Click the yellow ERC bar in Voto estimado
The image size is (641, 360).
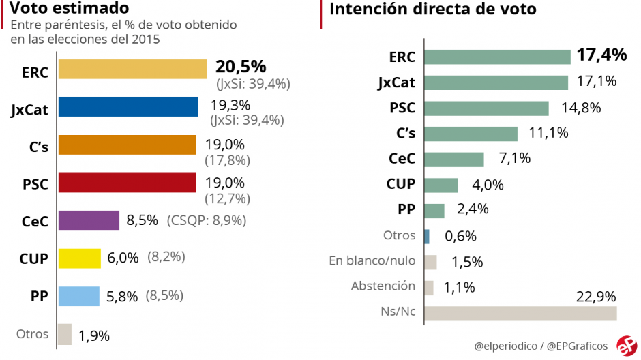click(132, 70)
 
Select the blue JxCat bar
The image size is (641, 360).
click(128, 108)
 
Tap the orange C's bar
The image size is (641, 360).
click(127, 145)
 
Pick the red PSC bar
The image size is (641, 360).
click(127, 183)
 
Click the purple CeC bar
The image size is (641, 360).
click(89, 221)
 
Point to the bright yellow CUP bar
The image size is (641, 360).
click(80, 258)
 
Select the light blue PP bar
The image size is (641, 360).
click(78, 296)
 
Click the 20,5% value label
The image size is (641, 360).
click(241, 66)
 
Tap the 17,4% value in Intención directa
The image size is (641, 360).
click(601, 55)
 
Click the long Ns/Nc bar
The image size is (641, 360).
click(520, 313)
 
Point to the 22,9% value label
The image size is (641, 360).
click(596, 297)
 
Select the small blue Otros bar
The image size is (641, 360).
click(427, 236)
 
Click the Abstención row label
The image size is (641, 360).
click(383, 286)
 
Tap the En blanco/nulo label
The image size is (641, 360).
click(372, 260)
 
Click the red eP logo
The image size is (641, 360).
click(626, 345)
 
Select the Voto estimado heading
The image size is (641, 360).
click(70, 9)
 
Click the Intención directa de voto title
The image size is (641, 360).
click(432, 9)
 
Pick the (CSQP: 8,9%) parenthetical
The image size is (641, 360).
click(207, 220)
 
